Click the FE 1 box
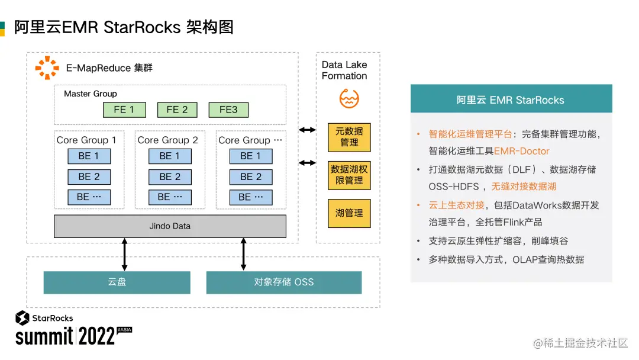124,110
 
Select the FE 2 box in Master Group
177,110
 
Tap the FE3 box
228,110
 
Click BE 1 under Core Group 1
89,156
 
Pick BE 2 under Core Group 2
170,176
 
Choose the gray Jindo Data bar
170,226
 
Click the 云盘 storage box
117,282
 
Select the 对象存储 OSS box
284,282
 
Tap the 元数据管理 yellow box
349,137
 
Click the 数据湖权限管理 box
349,175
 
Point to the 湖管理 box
349,213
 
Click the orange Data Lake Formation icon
349,98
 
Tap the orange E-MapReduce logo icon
47,67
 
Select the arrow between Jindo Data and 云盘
125,254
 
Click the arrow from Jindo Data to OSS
243,254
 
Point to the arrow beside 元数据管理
307,130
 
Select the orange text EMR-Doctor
521,151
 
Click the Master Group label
91,94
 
